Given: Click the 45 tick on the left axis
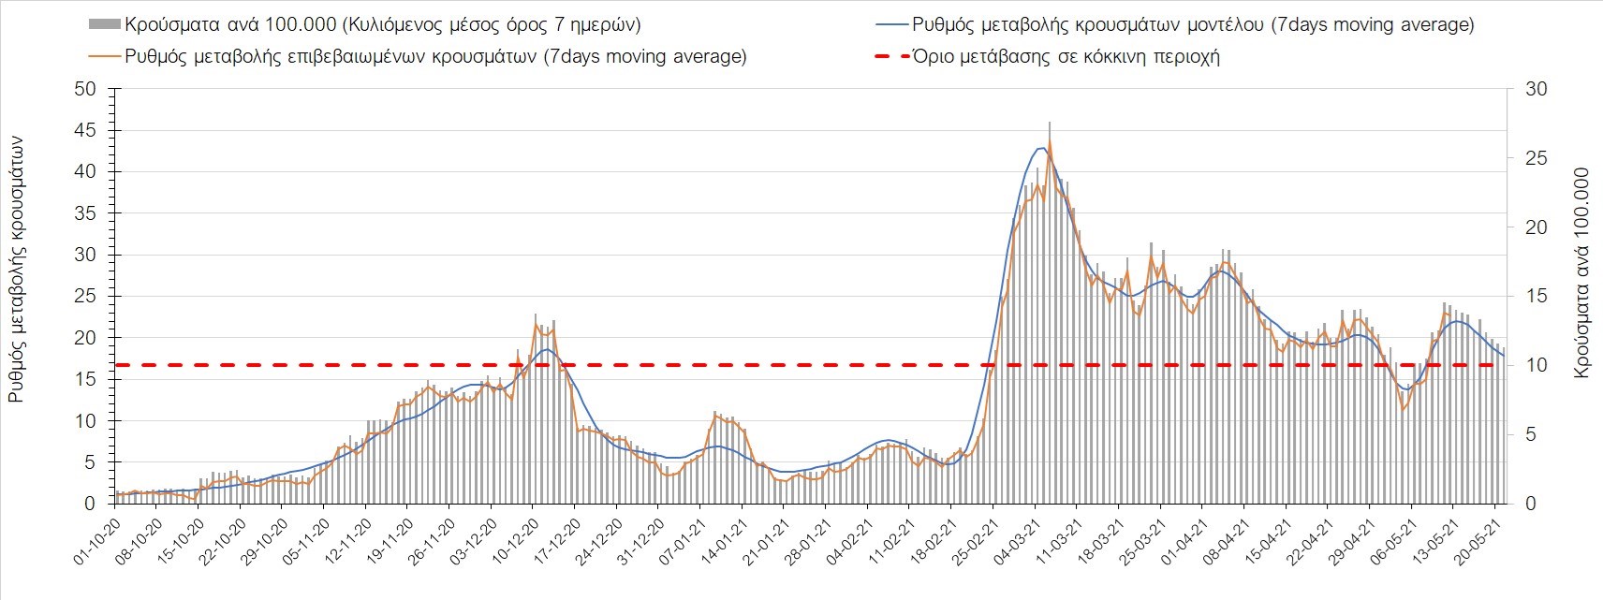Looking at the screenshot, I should click(x=86, y=130).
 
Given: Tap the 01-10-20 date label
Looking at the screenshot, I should click(x=98, y=537).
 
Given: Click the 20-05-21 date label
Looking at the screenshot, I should click(x=1478, y=537).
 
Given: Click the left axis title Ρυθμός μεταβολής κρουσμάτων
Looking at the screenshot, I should click(x=16, y=269).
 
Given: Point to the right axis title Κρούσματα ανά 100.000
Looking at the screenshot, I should click(x=1582, y=273).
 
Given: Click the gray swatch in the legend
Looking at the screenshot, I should click(x=104, y=24).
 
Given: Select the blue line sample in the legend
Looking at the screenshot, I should click(x=888, y=24).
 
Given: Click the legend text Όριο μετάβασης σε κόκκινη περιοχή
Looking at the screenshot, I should click(x=1066, y=56).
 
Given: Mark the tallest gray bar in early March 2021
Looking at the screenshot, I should click(x=1050, y=123).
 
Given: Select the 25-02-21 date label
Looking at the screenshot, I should click(x=977, y=537).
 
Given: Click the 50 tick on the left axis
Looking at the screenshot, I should click(x=86, y=89).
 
